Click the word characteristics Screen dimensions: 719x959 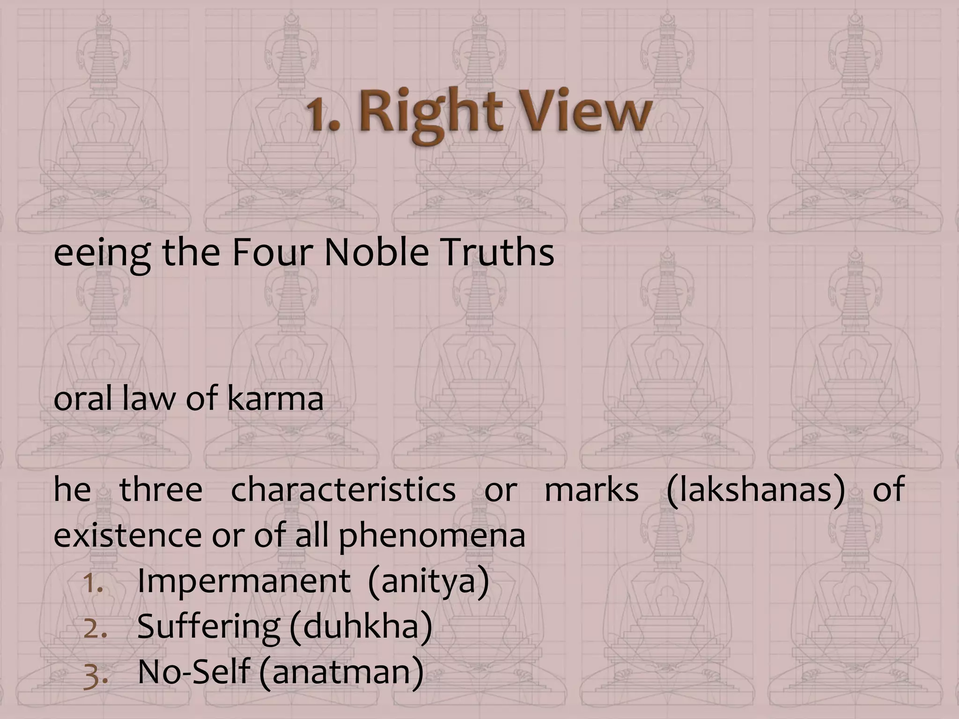pos(343,490)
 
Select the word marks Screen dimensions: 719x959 pos(591,490)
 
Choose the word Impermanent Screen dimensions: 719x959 pos(243,581)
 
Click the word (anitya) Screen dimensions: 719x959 pos(428,582)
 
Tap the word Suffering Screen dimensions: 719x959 pos(208,627)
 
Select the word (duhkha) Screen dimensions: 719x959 pos(361,627)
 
